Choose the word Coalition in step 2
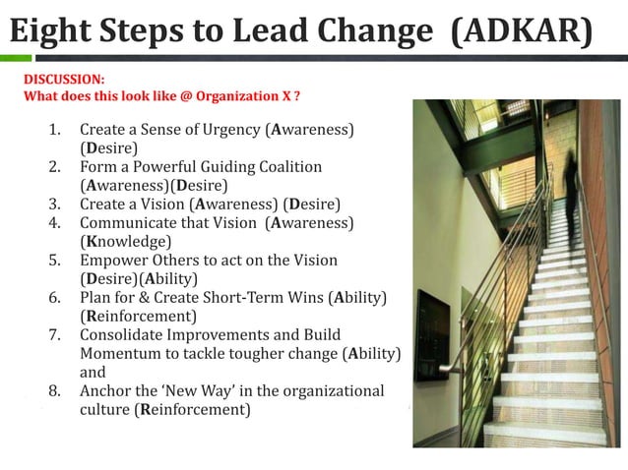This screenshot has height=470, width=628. pyautogui.click(x=287, y=166)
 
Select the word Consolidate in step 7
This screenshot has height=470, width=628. pyautogui.click(x=121, y=334)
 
